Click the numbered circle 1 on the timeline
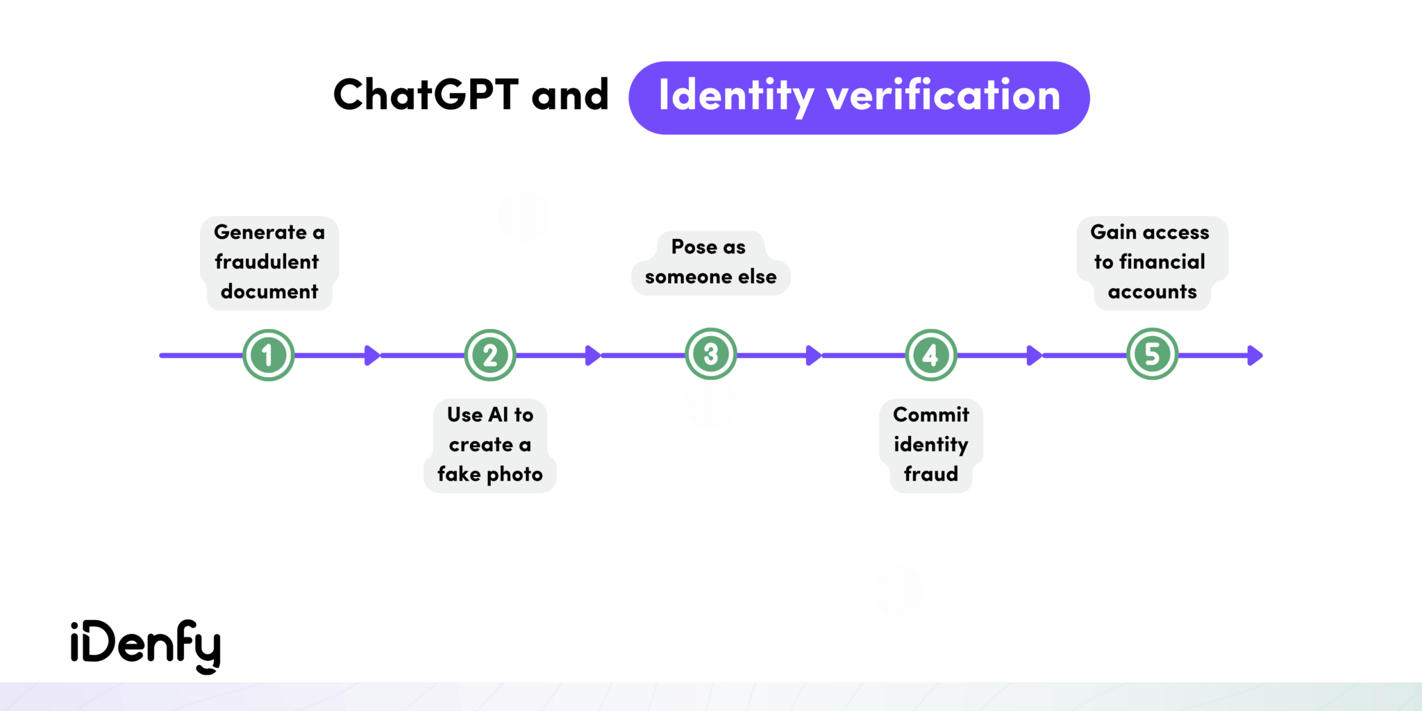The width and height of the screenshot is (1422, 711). tap(269, 355)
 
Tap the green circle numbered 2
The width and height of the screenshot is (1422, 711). tap(490, 355)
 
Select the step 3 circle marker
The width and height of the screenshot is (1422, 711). tap(711, 354)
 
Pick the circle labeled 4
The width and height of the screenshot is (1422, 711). tap(931, 355)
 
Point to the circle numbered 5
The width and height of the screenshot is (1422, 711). tap(1153, 354)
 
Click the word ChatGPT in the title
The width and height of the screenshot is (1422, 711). tap(426, 94)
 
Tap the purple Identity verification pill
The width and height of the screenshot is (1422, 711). tap(859, 97)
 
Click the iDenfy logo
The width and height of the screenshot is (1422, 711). tap(146, 646)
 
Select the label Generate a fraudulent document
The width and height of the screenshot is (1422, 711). tap(269, 262)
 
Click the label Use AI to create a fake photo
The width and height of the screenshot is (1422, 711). tap(490, 444)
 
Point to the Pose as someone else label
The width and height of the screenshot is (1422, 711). tap(710, 262)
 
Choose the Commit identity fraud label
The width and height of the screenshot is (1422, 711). tap(931, 444)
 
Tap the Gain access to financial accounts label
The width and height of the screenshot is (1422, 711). tap(1152, 262)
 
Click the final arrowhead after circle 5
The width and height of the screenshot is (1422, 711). tap(1255, 355)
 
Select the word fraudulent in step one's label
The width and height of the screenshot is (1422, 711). tap(267, 262)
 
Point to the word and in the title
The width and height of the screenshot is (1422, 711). tap(570, 94)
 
